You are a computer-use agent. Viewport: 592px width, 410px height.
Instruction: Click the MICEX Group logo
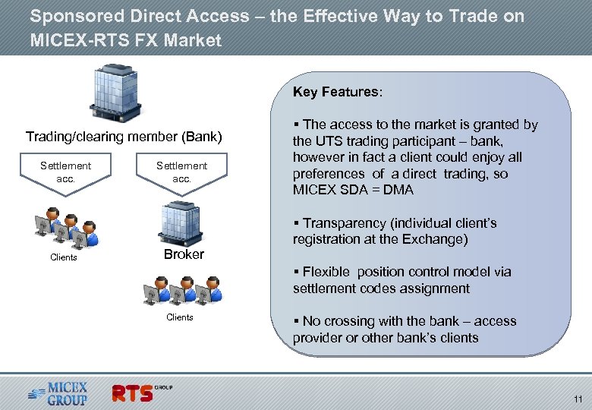coord(58,393)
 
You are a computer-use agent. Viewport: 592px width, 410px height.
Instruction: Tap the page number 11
coord(578,399)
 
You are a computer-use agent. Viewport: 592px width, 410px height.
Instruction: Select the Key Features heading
coord(338,93)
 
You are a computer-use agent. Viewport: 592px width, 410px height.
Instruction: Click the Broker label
coord(184,254)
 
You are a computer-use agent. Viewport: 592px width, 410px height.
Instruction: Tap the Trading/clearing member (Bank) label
coord(124,137)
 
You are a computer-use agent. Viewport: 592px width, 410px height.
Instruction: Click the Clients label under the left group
coord(64,257)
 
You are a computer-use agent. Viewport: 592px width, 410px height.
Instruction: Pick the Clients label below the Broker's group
coord(180,317)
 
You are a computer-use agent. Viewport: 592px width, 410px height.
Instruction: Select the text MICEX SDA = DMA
coord(353,190)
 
